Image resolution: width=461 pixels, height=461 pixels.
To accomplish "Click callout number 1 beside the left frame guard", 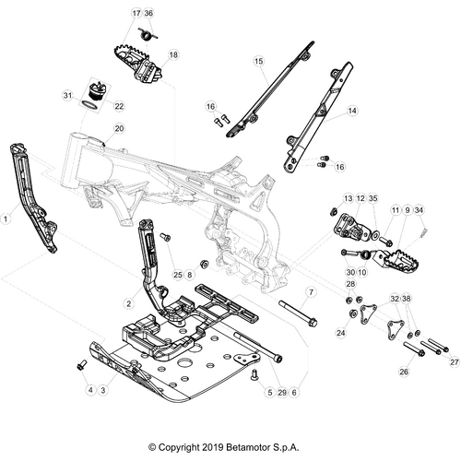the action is pos(6,219).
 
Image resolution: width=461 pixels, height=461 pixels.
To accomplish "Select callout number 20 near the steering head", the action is pos(119,128).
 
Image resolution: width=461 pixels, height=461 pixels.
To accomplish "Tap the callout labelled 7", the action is pos(311,292).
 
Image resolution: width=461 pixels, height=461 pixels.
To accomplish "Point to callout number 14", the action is pos(352,111).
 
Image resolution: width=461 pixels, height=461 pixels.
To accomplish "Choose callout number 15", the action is pos(259,61).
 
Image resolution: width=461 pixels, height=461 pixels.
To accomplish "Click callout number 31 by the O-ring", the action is pos(67,96).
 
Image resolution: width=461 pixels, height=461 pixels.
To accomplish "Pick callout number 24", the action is pos(341,333).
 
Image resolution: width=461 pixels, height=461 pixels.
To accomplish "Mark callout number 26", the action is pos(404,372).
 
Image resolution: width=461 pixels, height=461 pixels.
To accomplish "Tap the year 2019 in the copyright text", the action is pos(213,447).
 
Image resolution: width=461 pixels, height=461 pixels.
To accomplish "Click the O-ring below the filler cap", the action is pos(89,105).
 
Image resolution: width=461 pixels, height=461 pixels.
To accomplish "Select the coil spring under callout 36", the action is pos(148,34).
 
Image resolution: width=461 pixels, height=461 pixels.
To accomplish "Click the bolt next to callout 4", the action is pos(81,365).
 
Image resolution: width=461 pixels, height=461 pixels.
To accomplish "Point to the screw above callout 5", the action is pos(254,375).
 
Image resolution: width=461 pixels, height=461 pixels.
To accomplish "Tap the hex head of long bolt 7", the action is pos(312,324).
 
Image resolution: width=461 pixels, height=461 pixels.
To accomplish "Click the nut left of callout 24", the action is pos(353,313).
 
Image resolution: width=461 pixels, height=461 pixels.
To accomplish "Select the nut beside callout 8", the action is pos(204,264).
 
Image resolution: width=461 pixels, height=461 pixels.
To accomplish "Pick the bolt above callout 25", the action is pos(165,236).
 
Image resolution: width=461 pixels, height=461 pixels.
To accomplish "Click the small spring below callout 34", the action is pos(423,231).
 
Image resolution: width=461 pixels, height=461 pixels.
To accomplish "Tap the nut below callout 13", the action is pos(333,212).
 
